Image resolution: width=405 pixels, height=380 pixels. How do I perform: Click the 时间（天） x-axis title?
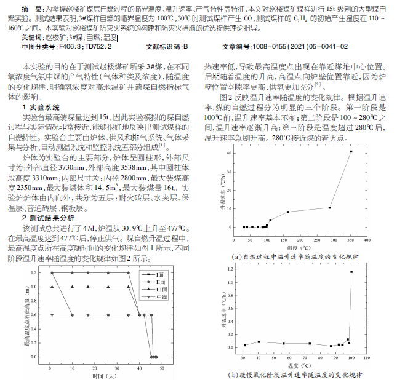pos(104,374)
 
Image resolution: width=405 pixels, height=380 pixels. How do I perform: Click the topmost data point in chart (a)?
pos(351,151)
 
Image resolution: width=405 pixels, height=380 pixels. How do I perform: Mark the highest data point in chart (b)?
pos(351,272)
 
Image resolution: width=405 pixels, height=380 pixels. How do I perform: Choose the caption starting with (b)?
pos(295,374)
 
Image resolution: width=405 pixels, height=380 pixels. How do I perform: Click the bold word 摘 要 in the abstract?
pos(33,11)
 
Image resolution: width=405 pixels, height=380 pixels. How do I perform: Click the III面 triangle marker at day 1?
pos(52,286)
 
